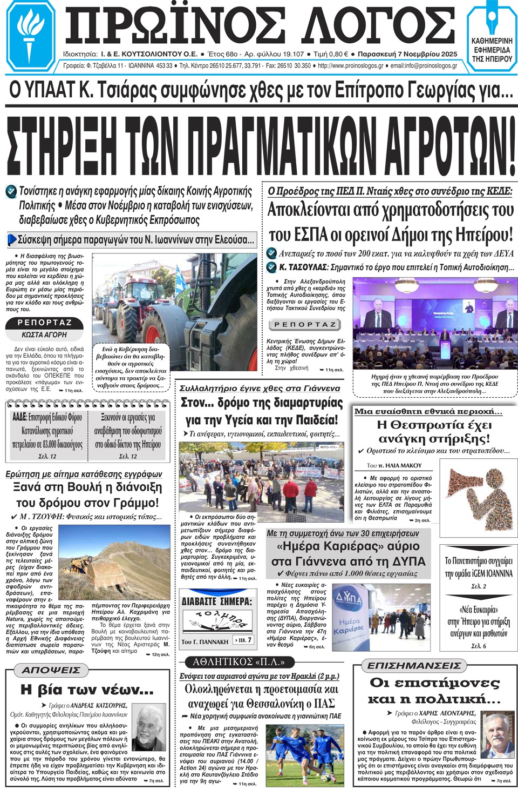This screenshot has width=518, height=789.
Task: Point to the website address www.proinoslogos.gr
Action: (x=351, y=66)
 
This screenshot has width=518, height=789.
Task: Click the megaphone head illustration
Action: (x=475, y=494)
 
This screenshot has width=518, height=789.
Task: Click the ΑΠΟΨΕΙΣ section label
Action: (x=52, y=670)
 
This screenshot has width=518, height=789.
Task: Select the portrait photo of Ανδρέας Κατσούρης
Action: (x=149, y=727)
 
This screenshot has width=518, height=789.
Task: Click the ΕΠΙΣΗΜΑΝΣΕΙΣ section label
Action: (x=414, y=666)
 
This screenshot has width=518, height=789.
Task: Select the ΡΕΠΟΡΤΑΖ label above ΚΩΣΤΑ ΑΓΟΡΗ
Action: (x=45, y=323)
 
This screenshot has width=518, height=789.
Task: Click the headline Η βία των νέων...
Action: (x=87, y=690)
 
